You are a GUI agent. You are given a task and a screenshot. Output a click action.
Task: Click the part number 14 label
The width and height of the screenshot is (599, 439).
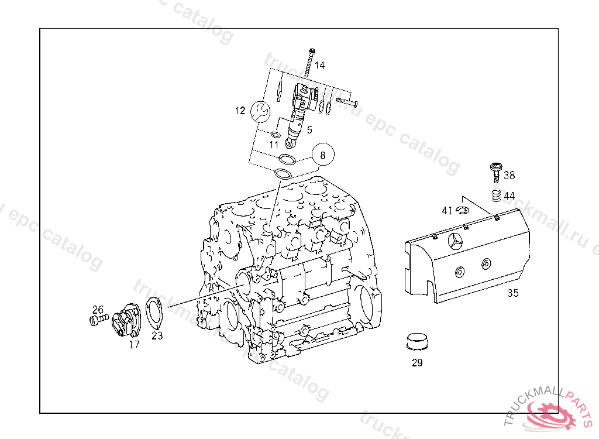(x=319, y=66)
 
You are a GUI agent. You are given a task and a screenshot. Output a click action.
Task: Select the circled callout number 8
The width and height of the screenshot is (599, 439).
(x=322, y=155)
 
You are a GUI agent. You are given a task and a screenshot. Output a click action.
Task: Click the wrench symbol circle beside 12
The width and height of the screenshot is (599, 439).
(x=260, y=111)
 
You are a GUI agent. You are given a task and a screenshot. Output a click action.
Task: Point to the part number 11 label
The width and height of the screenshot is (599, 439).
(x=274, y=145)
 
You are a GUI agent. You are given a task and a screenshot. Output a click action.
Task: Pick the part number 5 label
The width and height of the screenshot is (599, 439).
(x=309, y=130)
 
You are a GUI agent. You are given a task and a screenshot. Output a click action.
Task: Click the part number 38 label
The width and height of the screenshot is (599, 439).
(x=510, y=175)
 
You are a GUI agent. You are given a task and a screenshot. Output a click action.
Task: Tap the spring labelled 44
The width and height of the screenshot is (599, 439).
(x=495, y=196)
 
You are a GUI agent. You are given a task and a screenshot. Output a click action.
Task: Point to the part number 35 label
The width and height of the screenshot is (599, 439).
(x=512, y=293)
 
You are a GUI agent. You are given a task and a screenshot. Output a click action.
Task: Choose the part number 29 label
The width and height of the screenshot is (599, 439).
(x=417, y=363)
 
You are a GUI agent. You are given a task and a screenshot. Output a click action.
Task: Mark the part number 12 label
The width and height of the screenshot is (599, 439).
(x=240, y=111)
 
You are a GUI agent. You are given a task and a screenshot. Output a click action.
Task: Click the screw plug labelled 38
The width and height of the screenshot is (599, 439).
(x=496, y=171)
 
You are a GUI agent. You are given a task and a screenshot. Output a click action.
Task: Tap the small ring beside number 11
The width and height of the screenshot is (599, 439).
(x=276, y=135)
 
